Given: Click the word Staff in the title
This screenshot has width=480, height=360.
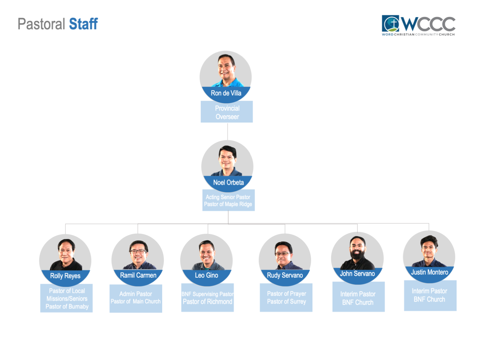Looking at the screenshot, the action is point(83,24).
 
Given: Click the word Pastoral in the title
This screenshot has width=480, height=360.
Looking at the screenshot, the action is point(42,24).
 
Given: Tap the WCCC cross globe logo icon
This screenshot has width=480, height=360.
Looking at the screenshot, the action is point(390,23).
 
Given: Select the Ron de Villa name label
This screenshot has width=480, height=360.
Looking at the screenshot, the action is point(226,93).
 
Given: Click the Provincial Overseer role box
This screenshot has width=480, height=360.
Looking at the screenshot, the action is point(227,112).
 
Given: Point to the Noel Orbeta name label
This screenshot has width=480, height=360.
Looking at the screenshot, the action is point(228,182).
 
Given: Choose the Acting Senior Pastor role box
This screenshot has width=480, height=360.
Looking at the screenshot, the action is point(228,200).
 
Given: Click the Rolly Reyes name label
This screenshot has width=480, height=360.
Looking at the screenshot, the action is point(65,276).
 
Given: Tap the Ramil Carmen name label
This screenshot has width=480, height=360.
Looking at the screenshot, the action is point(138,275).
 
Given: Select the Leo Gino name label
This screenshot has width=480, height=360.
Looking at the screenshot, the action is point(207,275).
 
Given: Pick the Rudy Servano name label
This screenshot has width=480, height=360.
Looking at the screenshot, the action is point(285,275).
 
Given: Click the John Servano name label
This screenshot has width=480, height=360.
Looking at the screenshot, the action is point(357,273).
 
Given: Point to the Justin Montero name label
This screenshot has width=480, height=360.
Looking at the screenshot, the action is point(429,272).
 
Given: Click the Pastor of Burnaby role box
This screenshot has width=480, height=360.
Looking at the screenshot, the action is point(67,298).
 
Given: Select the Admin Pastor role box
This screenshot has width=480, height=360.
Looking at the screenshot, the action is point(136,298).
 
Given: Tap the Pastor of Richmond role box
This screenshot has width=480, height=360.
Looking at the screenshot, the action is point(207,298).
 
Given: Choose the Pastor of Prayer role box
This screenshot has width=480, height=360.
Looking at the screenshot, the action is point(286,297).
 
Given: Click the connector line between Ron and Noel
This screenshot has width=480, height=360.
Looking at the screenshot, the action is point(227,131).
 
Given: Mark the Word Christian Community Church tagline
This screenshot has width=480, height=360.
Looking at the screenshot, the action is point(418,34).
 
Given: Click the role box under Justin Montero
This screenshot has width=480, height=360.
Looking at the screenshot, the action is point(430,295).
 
